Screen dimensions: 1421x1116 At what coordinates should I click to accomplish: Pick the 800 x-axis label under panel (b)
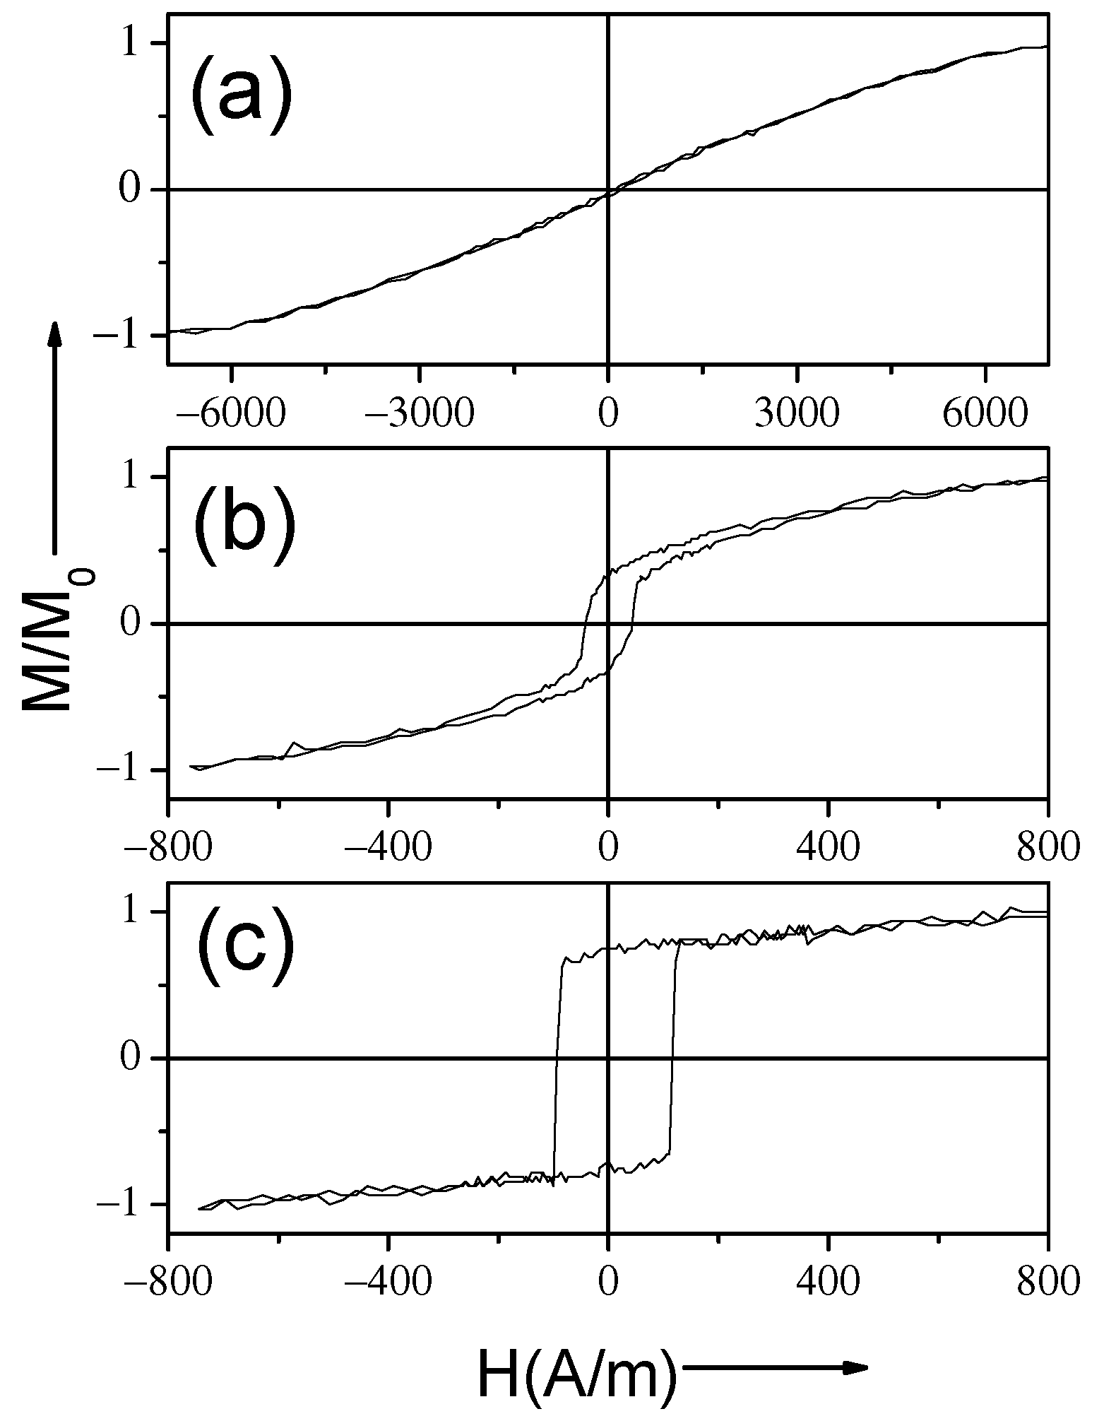click(1048, 847)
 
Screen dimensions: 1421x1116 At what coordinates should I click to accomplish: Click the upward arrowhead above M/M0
click(54, 332)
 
